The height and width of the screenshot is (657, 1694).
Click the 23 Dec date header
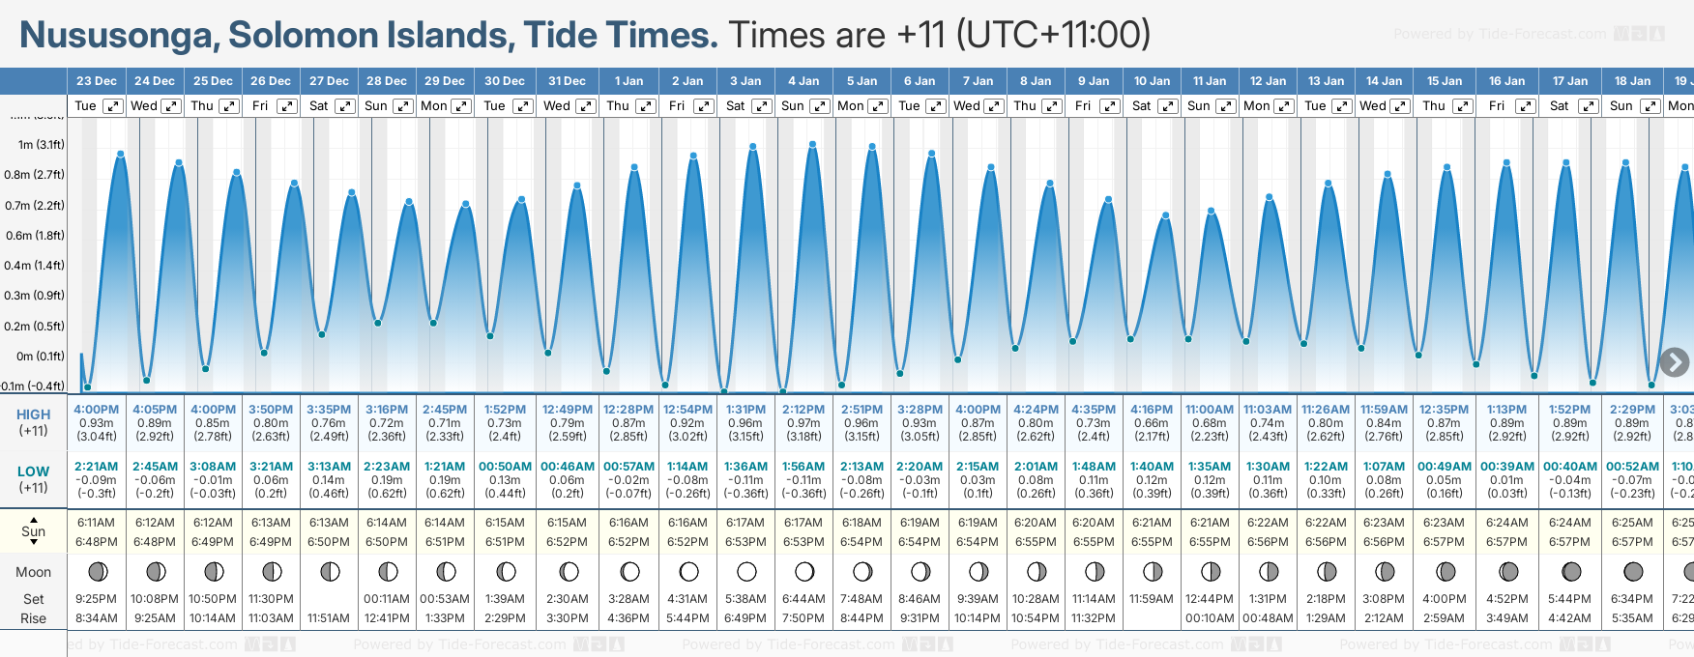click(97, 81)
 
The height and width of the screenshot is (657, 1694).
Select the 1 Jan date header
click(628, 81)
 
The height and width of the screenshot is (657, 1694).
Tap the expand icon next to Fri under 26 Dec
click(287, 106)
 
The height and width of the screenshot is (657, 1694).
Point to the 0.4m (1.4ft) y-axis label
click(34, 266)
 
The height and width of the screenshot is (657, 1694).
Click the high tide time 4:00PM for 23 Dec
click(97, 410)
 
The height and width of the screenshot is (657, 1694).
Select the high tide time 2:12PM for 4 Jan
click(803, 410)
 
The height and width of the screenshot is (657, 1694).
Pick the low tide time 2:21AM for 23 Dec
click(97, 467)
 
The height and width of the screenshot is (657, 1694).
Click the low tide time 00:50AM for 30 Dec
click(505, 467)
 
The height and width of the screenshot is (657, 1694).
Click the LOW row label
click(33, 472)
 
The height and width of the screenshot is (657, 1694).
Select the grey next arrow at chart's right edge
click(1674, 362)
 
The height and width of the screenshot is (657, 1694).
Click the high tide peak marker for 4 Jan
click(813, 145)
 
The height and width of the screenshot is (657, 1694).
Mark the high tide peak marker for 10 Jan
click(1166, 215)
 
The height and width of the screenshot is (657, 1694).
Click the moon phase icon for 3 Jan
click(746, 572)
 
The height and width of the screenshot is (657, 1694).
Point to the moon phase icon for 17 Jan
click(1571, 572)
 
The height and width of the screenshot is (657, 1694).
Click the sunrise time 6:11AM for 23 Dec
click(97, 523)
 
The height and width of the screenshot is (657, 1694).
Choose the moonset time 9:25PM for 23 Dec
click(97, 599)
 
